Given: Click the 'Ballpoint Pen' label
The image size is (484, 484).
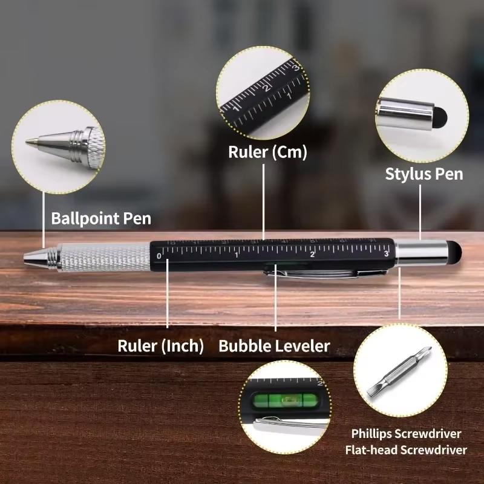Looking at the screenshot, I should pyautogui.click(x=101, y=218).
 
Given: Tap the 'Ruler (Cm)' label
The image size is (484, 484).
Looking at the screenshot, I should pyautogui.click(x=267, y=152).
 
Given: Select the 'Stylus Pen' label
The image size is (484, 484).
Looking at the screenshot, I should pyautogui.click(x=424, y=174).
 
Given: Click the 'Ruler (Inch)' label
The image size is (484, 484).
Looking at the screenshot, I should pyautogui.click(x=161, y=346).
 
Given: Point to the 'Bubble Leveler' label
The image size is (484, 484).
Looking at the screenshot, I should pyautogui.click(x=274, y=346).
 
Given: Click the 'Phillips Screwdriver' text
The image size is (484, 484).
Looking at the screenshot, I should pyautogui.click(x=406, y=434).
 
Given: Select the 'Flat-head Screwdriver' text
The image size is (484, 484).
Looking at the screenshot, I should pyautogui.click(x=406, y=450).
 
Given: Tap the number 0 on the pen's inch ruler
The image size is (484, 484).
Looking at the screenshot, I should pyautogui.click(x=159, y=256).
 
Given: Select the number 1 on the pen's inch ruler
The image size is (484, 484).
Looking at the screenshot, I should pyautogui.click(x=237, y=255).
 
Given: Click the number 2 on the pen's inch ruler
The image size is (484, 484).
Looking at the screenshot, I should pyautogui.click(x=312, y=254).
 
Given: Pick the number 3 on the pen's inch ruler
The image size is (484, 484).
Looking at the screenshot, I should pyautogui.click(x=386, y=253).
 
